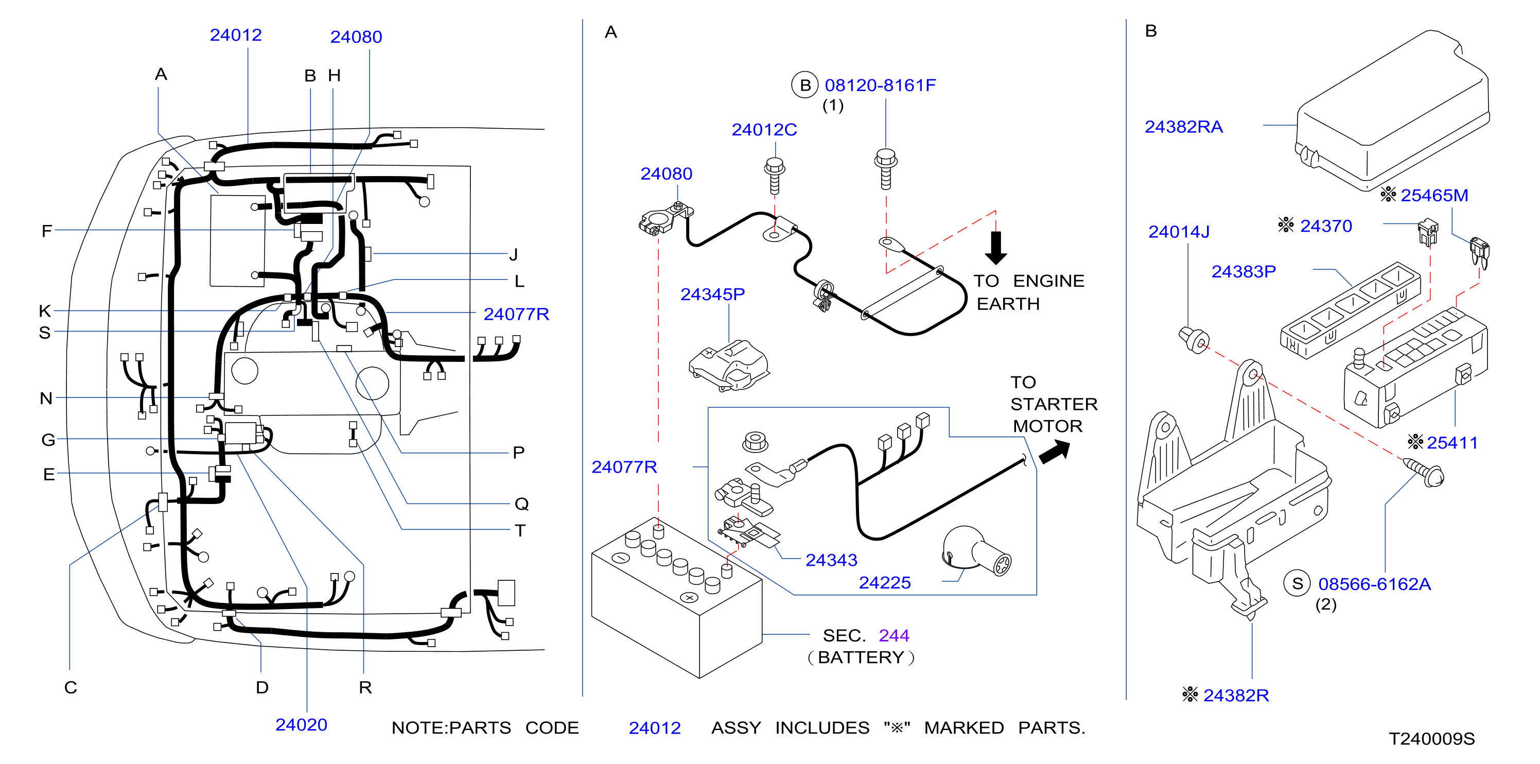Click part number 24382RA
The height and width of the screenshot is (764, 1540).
(1183, 127)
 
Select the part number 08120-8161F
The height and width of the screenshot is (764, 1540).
(880, 85)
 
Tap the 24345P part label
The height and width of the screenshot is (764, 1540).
(712, 294)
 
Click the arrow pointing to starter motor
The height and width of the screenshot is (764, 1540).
(1055, 452)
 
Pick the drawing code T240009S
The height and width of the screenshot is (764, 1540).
(1431, 739)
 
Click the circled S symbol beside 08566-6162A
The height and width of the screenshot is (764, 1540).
(1297, 584)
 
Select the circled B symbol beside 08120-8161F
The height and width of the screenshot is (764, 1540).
(804, 85)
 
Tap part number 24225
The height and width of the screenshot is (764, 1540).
(885, 583)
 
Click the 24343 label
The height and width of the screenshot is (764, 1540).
(831, 560)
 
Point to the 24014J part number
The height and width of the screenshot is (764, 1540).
(1178, 232)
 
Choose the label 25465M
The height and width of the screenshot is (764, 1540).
(1434, 196)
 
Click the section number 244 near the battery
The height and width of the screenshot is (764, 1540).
(894, 635)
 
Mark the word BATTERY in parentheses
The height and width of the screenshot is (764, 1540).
(861, 657)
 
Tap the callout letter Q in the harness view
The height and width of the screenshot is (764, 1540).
(521, 504)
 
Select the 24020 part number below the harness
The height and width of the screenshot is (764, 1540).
(301, 724)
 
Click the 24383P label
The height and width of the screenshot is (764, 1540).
(1244, 272)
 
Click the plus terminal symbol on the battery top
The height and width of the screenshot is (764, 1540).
(689, 597)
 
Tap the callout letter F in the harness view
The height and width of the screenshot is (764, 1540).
(47, 231)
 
